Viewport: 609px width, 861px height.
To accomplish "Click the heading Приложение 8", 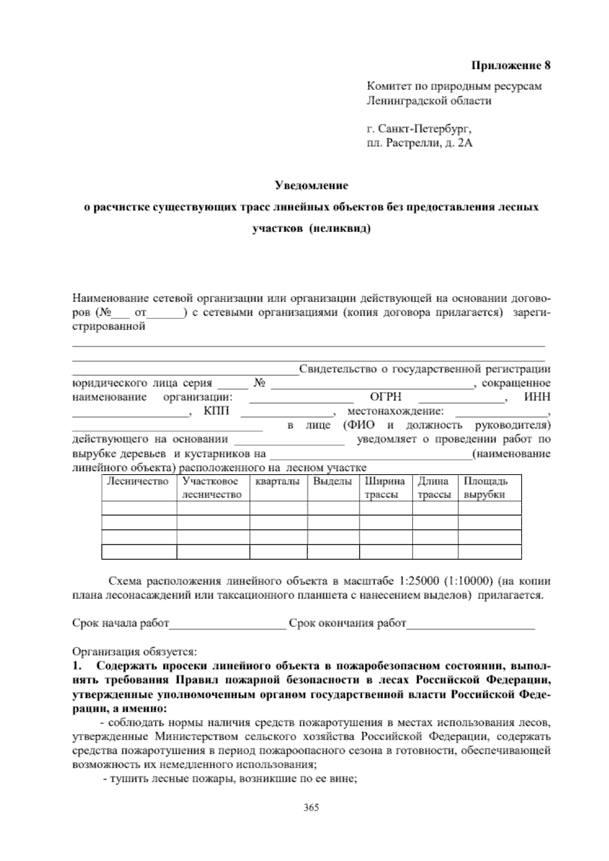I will [x=511, y=65].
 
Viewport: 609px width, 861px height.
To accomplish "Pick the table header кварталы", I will [x=277, y=481].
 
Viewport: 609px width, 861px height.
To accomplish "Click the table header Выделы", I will [x=332, y=481].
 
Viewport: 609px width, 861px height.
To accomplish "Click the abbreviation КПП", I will [x=216, y=411].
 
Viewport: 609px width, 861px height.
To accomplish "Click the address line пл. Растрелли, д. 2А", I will [x=419, y=144].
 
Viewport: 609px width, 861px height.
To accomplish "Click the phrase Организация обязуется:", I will [x=134, y=651].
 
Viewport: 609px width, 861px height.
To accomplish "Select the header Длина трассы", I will [x=434, y=488].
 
